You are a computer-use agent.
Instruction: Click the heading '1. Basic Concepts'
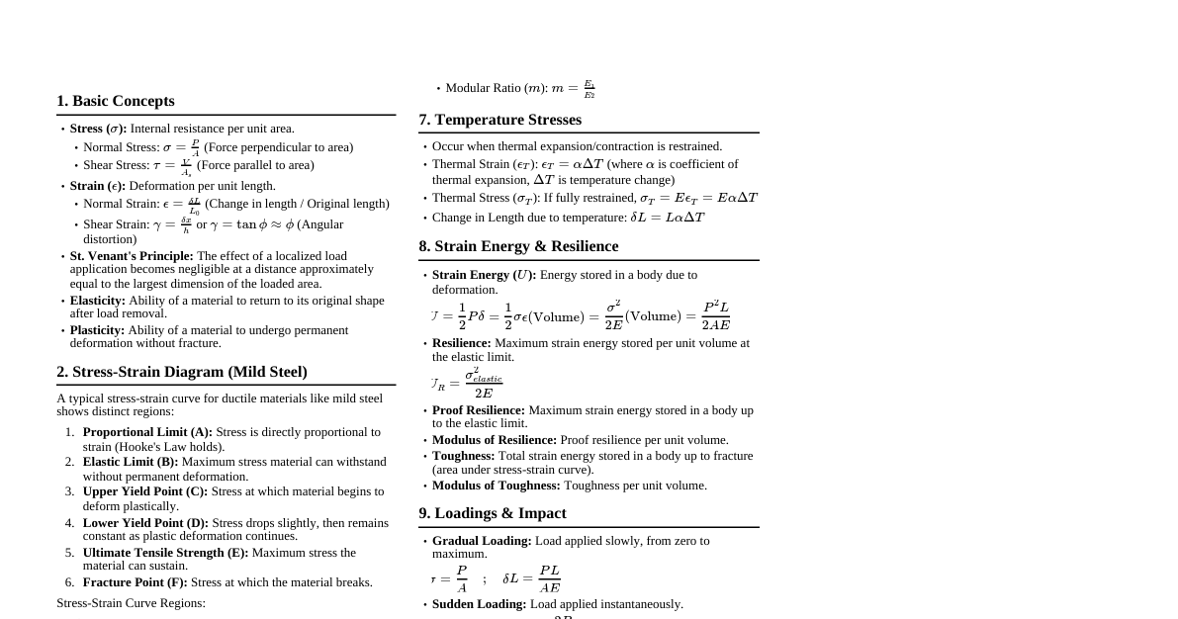tap(115, 101)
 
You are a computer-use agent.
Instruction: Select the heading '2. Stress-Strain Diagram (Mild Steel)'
tap(182, 372)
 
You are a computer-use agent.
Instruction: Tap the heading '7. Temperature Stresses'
tap(499, 120)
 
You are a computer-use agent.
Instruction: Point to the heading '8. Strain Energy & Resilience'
tap(518, 246)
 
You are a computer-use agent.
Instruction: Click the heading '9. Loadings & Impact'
tap(492, 513)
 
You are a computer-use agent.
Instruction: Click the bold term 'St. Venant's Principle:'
tap(132, 256)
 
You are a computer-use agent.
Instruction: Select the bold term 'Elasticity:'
tap(98, 301)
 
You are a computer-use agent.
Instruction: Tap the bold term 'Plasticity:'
tap(97, 330)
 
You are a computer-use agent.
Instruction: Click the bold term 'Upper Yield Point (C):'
tap(145, 491)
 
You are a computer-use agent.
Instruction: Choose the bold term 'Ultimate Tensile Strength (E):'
tap(165, 553)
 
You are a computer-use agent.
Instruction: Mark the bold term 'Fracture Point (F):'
tap(135, 582)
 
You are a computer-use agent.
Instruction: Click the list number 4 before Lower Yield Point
tap(69, 523)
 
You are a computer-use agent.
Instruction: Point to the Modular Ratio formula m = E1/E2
tap(574, 89)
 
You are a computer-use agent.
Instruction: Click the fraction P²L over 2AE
tap(716, 316)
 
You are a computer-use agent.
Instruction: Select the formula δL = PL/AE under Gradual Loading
tap(531, 578)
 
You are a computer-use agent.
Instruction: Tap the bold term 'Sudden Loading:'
tap(479, 604)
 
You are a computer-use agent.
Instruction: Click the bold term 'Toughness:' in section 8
tap(463, 456)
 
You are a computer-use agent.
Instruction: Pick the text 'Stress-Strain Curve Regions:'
tap(131, 603)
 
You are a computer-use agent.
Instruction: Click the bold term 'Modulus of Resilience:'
tap(495, 440)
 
